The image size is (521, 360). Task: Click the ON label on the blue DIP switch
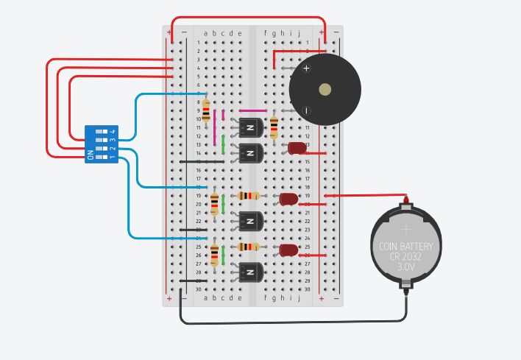[91, 155]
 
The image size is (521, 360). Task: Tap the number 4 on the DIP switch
[113, 131]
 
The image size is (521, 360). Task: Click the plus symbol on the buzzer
[307, 68]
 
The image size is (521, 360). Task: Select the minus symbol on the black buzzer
[307, 110]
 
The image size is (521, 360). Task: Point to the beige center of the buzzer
[325, 90]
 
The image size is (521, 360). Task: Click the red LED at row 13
[297, 148]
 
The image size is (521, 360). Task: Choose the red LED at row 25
[288, 250]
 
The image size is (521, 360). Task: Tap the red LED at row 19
[288, 199]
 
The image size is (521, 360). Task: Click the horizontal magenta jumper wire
[252, 111]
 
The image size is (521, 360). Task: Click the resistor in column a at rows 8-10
[206, 110]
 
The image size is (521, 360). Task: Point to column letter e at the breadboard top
[239, 33]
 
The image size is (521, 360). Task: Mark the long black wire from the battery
[294, 322]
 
